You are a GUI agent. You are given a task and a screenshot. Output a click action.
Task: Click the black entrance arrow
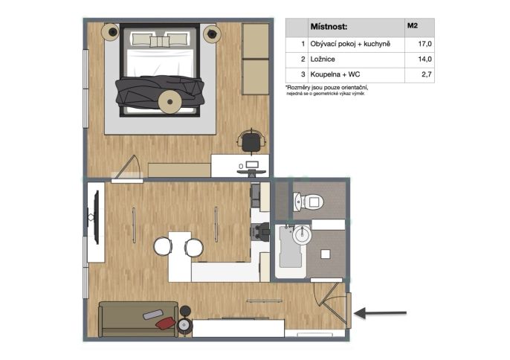(x=380, y=313)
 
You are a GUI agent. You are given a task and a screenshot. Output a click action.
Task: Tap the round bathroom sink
(x=302, y=234)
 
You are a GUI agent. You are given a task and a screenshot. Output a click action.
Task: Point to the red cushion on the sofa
(x=165, y=324)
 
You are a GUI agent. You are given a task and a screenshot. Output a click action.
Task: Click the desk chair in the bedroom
(x=252, y=141)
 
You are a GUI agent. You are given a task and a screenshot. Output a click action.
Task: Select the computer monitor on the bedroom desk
(x=252, y=164)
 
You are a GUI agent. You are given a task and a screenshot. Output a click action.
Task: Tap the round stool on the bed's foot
(x=170, y=102)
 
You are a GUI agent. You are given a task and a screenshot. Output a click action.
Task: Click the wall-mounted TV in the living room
(x=96, y=217)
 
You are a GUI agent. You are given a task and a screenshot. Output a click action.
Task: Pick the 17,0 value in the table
(x=425, y=44)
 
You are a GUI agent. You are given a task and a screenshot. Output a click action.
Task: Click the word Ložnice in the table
(x=323, y=59)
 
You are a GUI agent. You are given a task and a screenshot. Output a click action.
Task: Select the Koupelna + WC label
(x=335, y=74)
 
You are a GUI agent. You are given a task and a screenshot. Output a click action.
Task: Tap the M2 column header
(x=413, y=26)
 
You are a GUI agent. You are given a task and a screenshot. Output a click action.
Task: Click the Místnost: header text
(x=329, y=27)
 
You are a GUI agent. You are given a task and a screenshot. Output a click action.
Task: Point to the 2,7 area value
(x=427, y=74)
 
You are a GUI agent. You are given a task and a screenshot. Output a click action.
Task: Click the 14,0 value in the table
(x=425, y=59)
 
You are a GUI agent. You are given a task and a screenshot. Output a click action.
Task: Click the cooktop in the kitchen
(x=260, y=231)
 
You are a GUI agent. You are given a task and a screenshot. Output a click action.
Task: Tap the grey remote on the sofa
(x=153, y=315)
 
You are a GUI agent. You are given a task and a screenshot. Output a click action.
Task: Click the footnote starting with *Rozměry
(x=327, y=90)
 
